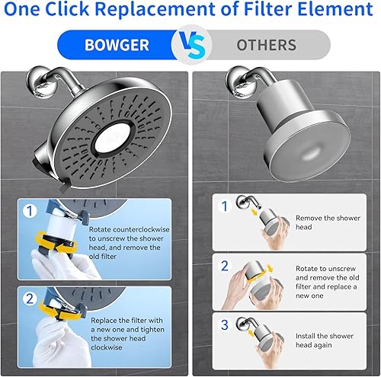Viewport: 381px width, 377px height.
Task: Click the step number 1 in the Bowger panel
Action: tap(29, 211)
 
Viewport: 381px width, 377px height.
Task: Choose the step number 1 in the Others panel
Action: tap(224, 207)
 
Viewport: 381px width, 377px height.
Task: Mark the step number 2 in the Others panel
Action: tap(224, 267)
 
